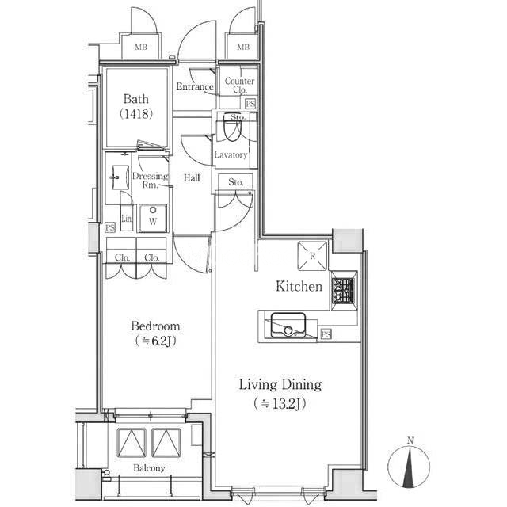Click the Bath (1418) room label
click(x=136, y=106)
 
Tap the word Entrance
click(x=195, y=86)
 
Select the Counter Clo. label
click(x=239, y=85)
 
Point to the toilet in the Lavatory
click(x=232, y=127)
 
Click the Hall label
click(x=192, y=177)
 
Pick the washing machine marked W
click(x=153, y=219)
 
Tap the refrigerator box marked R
click(x=312, y=256)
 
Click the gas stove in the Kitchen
click(x=343, y=291)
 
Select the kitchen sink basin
click(x=288, y=325)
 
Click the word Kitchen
click(x=299, y=287)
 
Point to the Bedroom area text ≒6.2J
click(x=155, y=341)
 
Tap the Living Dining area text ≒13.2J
click(x=280, y=403)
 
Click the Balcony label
click(x=149, y=468)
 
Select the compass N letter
click(x=410, y=440)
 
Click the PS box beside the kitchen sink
click(x=326, y=334)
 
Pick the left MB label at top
click(x=141, y=48)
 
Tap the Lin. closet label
click(x=127, y=219)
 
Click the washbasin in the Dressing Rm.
click(x=120, y=177)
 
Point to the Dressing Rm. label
click(x=151, y=181)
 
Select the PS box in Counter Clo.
click(x=250, y=104)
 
